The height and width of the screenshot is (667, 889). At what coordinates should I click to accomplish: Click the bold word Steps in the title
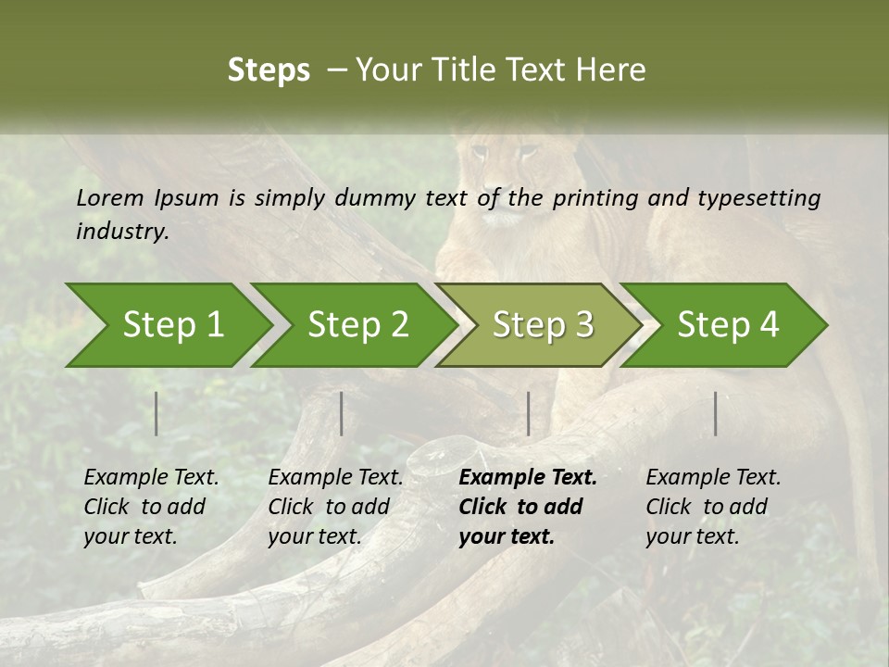269,70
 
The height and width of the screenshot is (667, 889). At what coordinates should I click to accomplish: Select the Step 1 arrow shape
172,325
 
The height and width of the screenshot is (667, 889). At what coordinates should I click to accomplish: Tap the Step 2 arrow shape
357,325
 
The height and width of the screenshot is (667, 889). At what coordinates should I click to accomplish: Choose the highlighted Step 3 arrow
543,325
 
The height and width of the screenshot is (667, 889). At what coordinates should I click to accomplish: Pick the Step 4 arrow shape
728,325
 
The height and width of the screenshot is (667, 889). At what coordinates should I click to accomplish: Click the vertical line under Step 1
157,413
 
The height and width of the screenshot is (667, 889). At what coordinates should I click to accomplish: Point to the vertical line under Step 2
342,413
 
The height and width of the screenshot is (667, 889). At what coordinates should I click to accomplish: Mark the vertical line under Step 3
528,413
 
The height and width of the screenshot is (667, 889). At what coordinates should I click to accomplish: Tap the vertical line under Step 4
715,413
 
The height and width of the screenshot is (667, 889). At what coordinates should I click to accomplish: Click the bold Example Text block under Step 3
528,507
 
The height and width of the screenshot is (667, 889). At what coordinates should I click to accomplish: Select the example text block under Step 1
151,507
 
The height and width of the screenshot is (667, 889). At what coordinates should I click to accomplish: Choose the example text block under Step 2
335,507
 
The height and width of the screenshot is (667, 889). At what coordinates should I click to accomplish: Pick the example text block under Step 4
713,507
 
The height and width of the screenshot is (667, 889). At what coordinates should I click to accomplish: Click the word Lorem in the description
110,197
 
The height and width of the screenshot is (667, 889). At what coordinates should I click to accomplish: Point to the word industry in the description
122,231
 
